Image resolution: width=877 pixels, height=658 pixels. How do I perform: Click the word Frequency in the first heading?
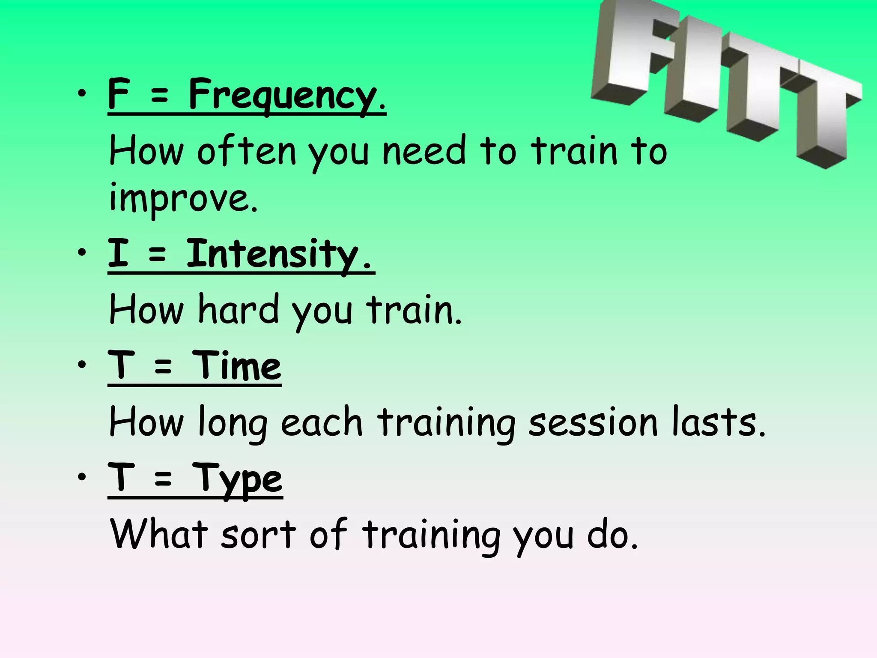(x=283, y=95)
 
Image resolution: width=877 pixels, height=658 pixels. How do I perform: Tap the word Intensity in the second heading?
(x=272, y=254)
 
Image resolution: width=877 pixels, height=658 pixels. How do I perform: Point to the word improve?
(x=183, y=198)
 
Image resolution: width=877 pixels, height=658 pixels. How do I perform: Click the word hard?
(x=239, y=309)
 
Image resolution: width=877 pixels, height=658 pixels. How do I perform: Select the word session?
(x=593, y=422)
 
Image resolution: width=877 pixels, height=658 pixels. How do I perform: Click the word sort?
(x=258, y=534)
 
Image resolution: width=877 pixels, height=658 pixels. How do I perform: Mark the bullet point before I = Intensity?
(x=82, y=253)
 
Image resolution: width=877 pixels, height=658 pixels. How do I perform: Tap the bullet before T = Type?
(x=82, y=477)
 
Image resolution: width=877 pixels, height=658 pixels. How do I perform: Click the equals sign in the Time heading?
(x=163, y=367)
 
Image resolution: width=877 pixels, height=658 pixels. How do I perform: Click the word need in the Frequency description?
(x=424, y=151)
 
